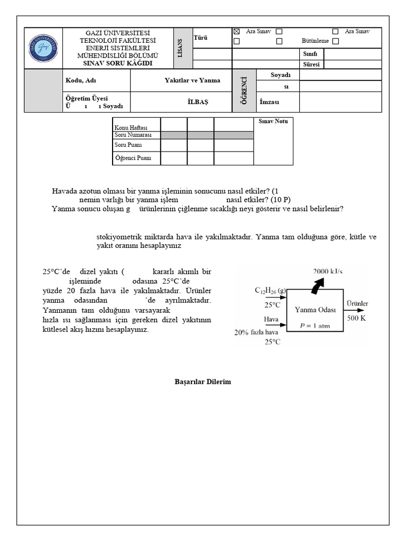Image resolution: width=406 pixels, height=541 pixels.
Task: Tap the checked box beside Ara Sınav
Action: pyautogui.click(x=237, y=32)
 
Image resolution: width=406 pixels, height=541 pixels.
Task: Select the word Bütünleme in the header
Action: pyautogui.click(x=315, y=41)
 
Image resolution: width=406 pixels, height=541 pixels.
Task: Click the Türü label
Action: pyautogui.click(x=201, y=38)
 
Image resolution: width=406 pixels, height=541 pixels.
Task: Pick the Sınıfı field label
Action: pyautogui.click(x=309, y=54)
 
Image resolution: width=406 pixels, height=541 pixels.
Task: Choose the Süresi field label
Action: pyautogui.click(x=310, y=64)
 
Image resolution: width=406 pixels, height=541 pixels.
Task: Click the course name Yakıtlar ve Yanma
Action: pyautogui.click(x=192, y=80)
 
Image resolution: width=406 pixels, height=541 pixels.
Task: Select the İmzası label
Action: pyautogui.click(x=269, y=101)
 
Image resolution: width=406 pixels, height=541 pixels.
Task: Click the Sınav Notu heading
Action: pyautogui.click(x=273, y=122)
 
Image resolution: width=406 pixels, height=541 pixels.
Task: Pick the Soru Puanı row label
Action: pyautogui.click(x=128, y=144)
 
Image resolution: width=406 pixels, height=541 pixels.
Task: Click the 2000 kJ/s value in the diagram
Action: pyautogui.click(x=328, y=272)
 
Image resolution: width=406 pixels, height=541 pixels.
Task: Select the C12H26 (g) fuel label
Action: pyautogui.click(x=271, y=291)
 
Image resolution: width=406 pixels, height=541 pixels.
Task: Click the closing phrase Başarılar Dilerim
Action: pyautogui.click(x=203, y=381)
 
